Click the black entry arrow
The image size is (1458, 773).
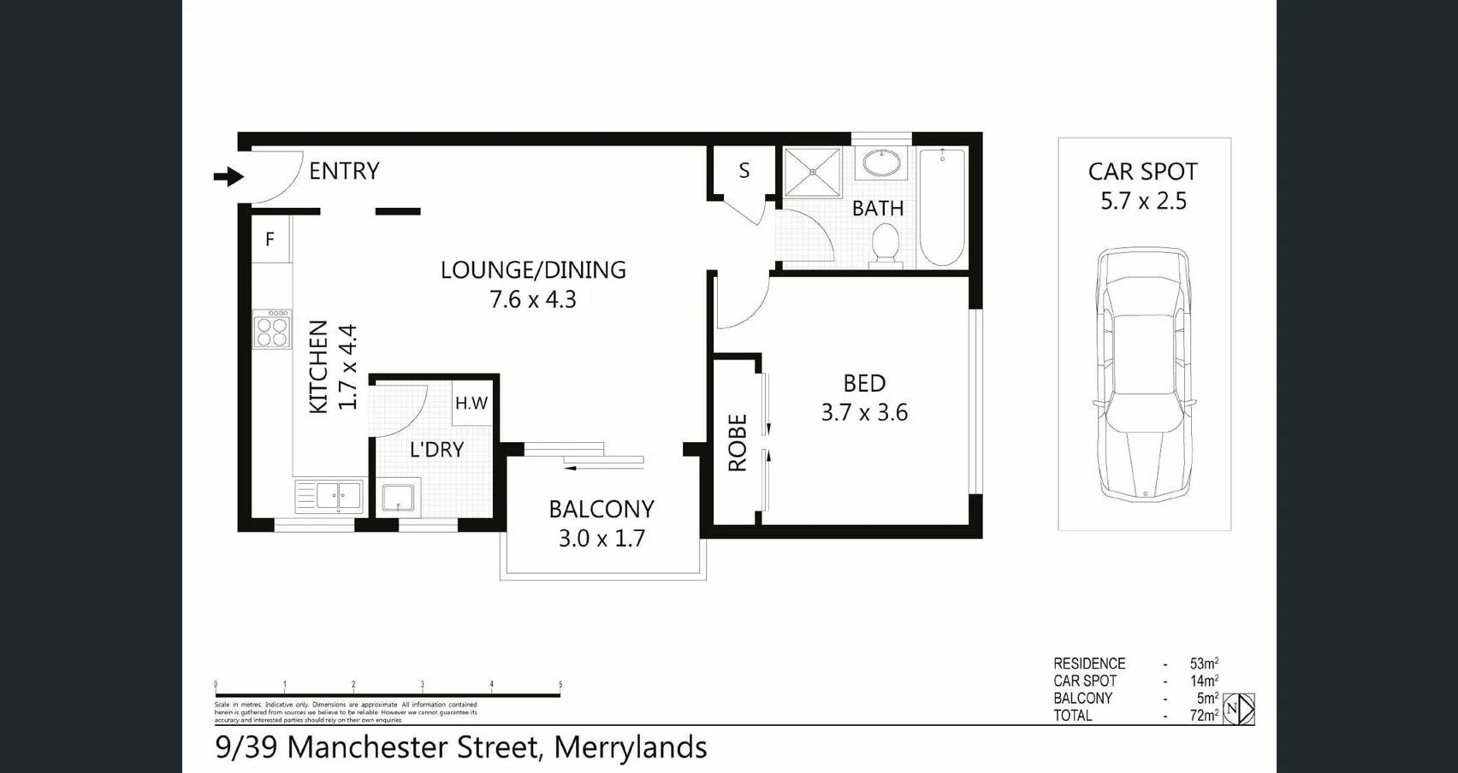[228, 177]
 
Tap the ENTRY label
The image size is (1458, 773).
[344, 171]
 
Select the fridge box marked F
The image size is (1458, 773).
[270, 239]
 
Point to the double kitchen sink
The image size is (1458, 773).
[329, 495]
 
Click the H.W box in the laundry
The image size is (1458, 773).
[471, 403]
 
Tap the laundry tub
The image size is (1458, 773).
[398, 498]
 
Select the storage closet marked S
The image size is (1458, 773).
[744, 171]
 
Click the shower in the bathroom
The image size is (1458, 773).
[813, 173]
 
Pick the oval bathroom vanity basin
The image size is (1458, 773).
[880, 162]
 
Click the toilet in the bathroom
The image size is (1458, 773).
[885, 245]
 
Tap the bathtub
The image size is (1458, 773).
[942, 207]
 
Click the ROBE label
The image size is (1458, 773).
[738, 443]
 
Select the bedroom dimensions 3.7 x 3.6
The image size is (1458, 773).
[864, 413]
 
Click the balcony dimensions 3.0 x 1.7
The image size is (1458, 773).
[602, 539]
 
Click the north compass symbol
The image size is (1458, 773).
[1238, 710]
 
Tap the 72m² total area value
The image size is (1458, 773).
[1204, 716]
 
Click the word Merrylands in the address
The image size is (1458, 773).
[631, 747]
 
